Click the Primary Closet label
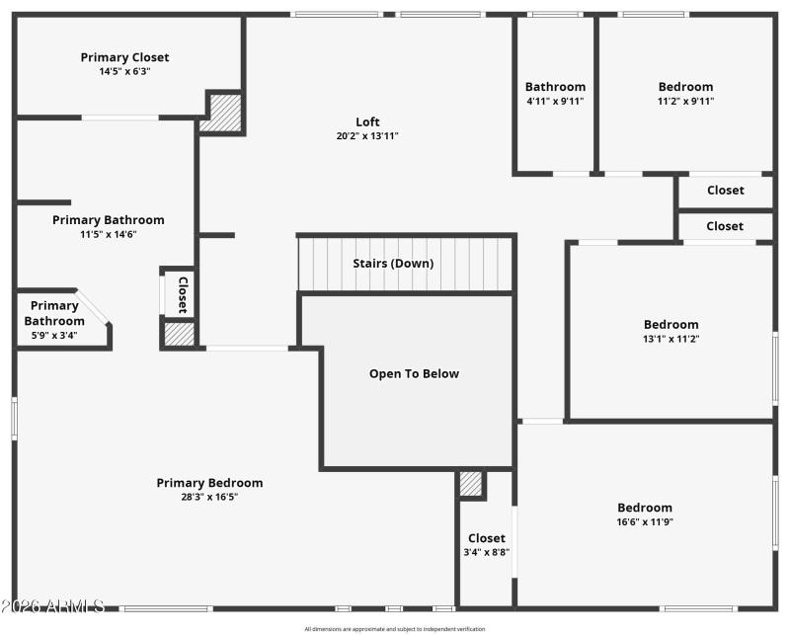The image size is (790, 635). pyautogui.click(x=124, y=57)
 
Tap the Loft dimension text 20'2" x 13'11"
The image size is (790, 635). pyautogui.click(x=367, y=136)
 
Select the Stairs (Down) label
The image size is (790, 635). pyautogui.click(x=393, y=264)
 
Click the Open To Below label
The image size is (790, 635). pyautogui.click(x=414, y=374)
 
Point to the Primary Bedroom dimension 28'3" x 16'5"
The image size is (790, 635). pyautogui.click(x=209, y=497)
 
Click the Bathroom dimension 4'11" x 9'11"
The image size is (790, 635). pyautogui.click(x=555, y=101)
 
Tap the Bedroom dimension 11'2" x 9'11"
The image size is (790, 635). pyautogui.click(x=685, y=101)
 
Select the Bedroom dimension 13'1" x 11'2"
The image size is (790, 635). pyautogui.click(x=671, y=339)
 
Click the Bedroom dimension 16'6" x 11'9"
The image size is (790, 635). pyautogui.click(x=645, y=521)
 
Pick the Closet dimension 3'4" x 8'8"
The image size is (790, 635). pyautogui.click(x=486, y=553)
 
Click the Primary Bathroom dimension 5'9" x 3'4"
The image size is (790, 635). pyautogui.click(x=54, y=335)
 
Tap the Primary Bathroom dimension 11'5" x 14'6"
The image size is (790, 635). pyautogui.click(x=108, y=234)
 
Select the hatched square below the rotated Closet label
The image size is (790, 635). pyautogui.click(x=180, y=334)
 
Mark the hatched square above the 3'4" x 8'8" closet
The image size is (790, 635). pyautogui.click(x=471, y=484)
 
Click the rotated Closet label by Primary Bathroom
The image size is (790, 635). pyautogui.click(x=182, y=294)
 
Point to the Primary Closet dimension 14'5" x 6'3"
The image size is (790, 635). pyautogui.click(x=124, y=71)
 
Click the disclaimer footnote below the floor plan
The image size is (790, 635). pyautogui.click(x=395, y=629)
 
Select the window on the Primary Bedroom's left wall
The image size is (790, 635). pyautogui.click(x=15, y=417)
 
